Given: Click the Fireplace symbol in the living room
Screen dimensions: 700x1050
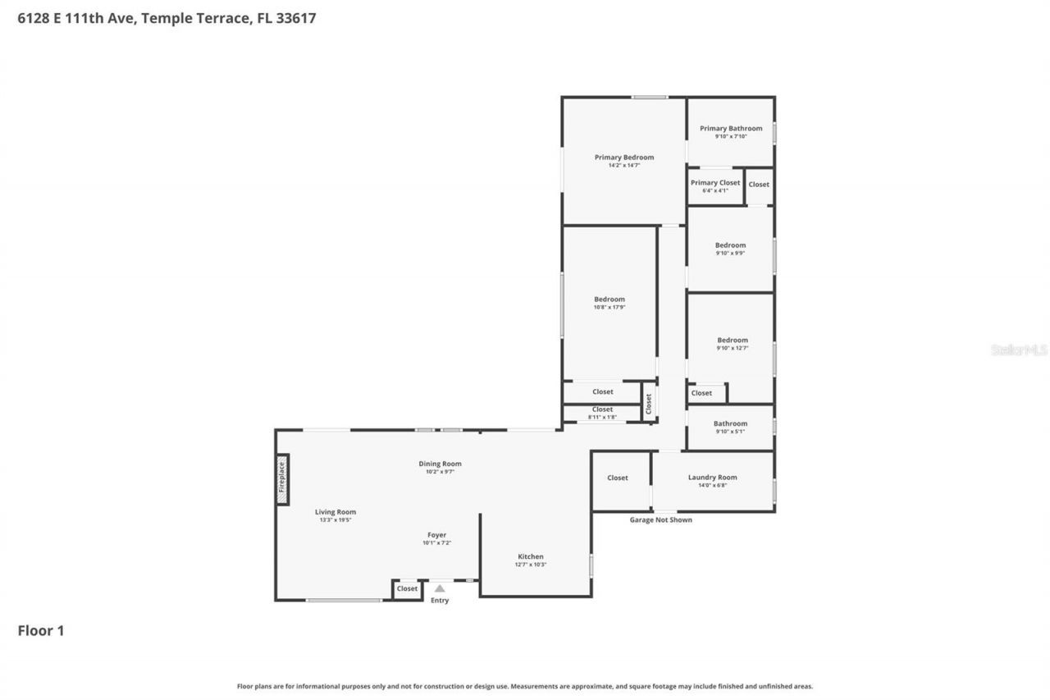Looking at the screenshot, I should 281,482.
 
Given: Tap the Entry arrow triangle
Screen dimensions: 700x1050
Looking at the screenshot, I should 440,588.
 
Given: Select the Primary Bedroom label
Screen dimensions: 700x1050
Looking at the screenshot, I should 624,158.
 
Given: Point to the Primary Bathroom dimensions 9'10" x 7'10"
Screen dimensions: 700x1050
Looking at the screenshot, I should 731,137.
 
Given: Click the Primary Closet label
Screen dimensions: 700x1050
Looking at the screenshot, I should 715,183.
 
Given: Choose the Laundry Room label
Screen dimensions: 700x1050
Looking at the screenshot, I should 712,478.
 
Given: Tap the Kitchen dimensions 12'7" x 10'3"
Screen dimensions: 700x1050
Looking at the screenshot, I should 531,565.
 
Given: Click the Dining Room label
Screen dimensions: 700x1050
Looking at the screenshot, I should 440,464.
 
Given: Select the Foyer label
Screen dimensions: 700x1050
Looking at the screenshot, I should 436,535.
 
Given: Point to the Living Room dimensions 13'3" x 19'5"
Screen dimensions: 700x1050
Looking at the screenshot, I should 336,520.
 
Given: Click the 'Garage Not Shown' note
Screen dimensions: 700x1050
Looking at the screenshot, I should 660,519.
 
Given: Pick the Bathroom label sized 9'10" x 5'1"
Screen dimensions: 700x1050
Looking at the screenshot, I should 730,423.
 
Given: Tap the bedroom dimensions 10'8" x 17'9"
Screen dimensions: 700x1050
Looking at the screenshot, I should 609,307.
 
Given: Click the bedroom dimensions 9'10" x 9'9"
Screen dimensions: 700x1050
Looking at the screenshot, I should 730,253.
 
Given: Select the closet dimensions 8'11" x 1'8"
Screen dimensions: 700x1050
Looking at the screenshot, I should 602,417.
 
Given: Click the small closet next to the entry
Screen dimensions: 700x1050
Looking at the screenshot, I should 407,588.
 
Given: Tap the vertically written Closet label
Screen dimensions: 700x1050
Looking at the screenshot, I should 648,403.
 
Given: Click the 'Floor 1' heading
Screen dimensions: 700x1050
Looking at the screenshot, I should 41,630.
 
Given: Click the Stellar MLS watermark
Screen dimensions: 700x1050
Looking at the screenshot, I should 1019,350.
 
